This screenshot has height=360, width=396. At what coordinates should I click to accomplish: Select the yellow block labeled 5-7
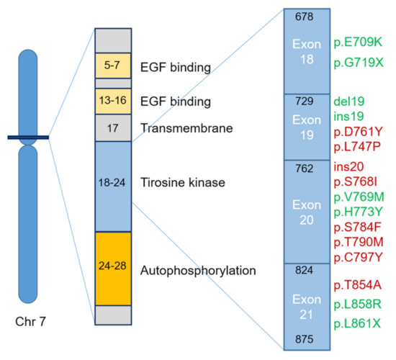[113, 66]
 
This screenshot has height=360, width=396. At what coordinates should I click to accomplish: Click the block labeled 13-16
[113, 100]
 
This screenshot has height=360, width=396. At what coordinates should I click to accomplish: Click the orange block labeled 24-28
[113, 269]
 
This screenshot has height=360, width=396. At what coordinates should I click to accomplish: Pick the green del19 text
[348, 102]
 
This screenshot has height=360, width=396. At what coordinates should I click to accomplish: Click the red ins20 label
[348, 167]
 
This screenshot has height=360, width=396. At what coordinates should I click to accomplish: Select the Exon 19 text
[307, 126]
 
